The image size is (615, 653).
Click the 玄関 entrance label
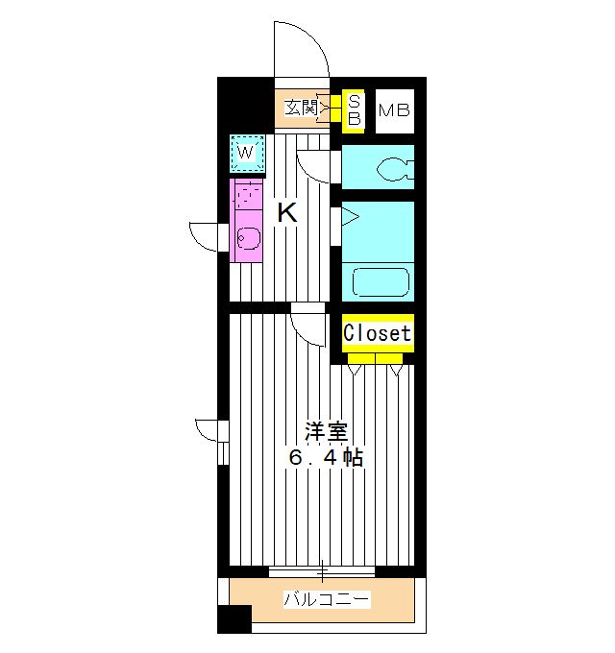[x=302, y=109]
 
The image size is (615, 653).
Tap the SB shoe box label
[x=354, y=109]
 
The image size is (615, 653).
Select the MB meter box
[x=393, y=110]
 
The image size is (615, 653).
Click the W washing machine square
[x=246, y=152]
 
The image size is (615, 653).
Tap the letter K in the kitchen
[x=286, y=213]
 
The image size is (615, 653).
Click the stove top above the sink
[x=245, y=199]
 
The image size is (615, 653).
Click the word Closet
[x=378, y=334]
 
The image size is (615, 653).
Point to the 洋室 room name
[x=327, y=431]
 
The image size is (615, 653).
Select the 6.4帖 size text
[x=327, y=457]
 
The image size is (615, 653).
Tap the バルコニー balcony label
[x=326, y=600]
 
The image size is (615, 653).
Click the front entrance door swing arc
[x=300, y=48]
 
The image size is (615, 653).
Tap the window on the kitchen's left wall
[x=209, y=236]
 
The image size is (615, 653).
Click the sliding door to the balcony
[x=321, y=571]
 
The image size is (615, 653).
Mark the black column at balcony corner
[x=234, y=619]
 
